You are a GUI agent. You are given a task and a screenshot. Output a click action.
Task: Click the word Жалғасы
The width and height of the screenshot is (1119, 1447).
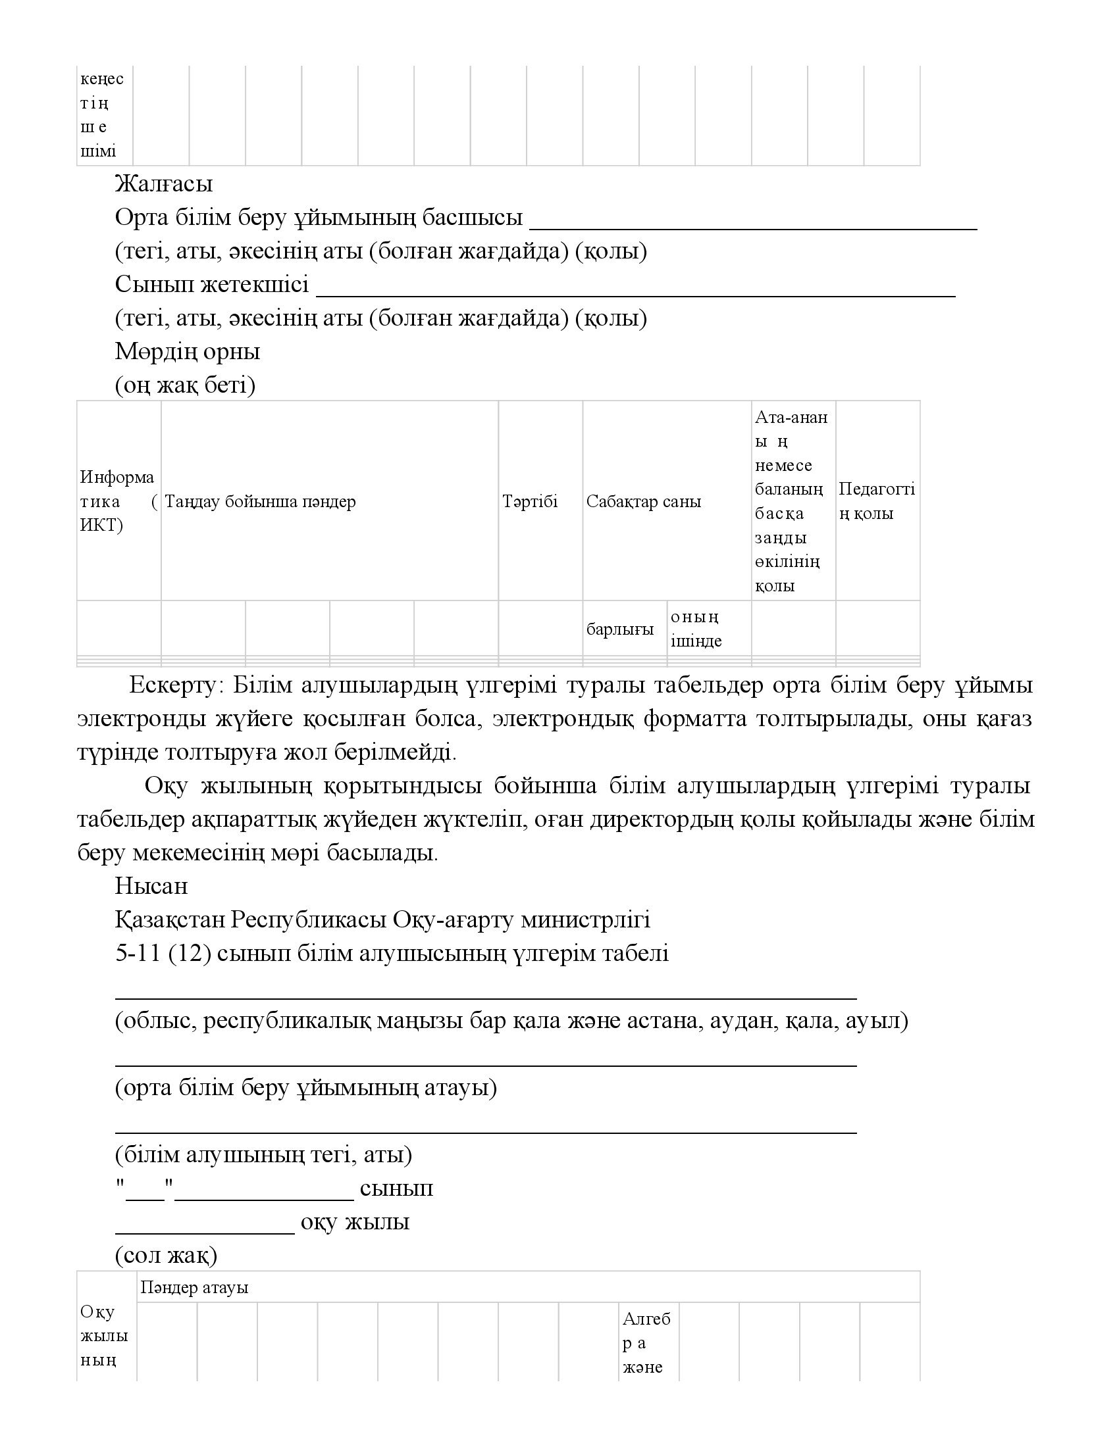(x=164, y=184)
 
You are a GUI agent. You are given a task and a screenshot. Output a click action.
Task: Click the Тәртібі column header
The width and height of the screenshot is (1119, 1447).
(x=530, y=501)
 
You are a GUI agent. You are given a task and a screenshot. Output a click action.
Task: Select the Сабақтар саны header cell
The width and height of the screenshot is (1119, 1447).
(x=643, y=501)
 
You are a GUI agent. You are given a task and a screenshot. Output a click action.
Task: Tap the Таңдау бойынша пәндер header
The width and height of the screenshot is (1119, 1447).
(x=260, y=501)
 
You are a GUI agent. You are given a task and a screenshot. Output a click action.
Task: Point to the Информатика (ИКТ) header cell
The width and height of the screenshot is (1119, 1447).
(x=118, y=501)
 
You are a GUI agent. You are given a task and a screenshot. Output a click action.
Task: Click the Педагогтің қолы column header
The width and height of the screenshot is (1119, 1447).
(x=876, y=501)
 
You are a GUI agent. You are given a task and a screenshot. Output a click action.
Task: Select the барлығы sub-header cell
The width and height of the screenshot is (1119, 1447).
(x=620, y=629)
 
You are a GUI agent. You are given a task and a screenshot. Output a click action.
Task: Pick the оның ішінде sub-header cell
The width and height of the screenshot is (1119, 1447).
(x=696, y=629)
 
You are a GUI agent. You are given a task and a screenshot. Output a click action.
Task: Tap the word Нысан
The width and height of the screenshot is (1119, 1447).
(x=151, y=886)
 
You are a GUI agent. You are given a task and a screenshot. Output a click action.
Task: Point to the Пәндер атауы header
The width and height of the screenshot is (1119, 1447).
(x=194, y=1287)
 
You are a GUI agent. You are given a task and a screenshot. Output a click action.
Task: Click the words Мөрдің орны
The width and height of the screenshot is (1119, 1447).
(x=188, y=351)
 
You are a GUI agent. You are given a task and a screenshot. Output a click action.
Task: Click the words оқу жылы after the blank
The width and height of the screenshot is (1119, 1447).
(x=355, y=1222)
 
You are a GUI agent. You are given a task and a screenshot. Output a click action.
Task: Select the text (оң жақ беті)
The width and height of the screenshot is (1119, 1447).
(x=185, y=385)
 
